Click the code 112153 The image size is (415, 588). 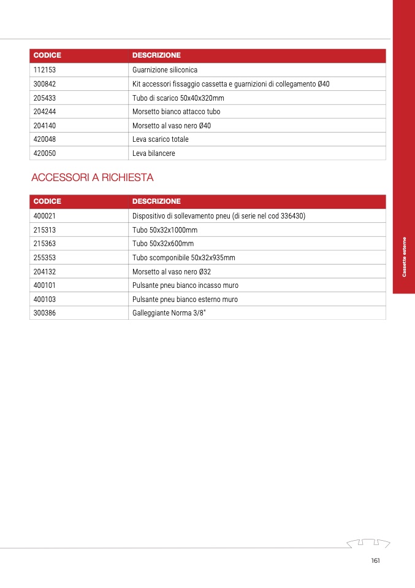45,70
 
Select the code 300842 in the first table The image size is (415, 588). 45,84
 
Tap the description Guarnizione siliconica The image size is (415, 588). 165,70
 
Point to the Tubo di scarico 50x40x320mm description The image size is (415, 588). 178,98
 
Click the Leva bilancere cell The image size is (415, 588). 154,153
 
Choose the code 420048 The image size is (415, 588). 45,139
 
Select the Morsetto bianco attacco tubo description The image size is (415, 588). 177,112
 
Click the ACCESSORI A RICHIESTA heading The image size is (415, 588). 92,178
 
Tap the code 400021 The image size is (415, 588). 45,216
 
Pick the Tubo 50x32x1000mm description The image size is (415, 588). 165,230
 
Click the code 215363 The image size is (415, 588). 45,244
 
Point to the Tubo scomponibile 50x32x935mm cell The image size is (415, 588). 184,258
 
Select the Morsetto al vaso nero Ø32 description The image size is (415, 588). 172,271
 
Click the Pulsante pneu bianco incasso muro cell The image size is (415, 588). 186,285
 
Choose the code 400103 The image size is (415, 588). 45,300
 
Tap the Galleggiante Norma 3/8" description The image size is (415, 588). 169,313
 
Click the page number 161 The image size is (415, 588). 376,561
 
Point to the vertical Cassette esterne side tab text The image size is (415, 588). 404,257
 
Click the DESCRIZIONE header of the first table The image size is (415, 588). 156,55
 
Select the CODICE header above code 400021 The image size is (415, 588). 47,201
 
